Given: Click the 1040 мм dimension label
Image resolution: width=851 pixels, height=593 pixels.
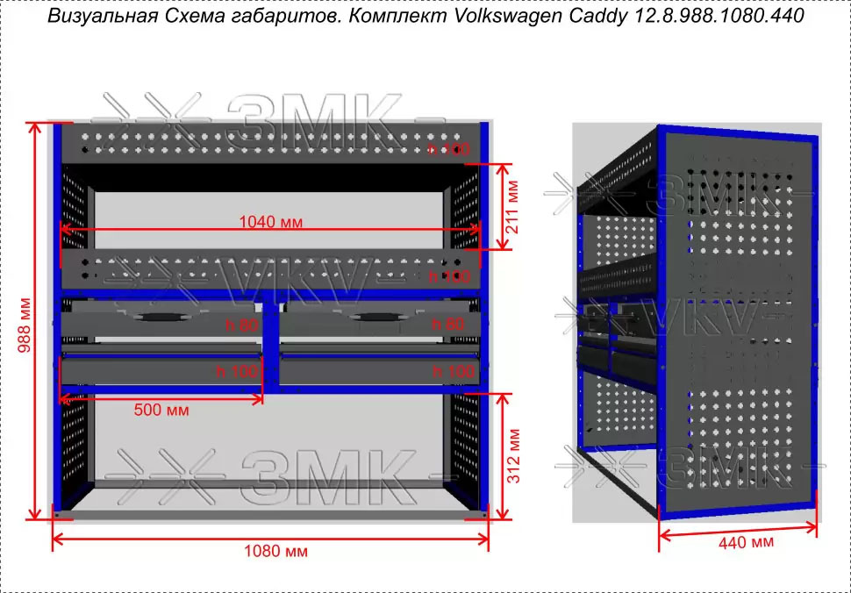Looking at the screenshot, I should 270,222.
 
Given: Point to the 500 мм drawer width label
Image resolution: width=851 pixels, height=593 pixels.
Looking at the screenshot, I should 161,410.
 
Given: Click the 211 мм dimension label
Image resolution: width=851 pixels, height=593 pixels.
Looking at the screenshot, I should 513,206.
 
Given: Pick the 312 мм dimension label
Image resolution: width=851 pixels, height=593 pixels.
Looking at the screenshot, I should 513,456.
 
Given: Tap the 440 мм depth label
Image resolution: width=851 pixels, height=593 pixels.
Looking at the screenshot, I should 746,543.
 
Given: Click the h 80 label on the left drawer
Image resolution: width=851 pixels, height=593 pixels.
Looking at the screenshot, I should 242,325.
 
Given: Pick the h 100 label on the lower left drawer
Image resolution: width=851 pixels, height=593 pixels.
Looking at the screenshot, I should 238,372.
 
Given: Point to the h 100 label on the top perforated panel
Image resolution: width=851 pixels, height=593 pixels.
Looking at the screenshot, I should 448,150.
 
